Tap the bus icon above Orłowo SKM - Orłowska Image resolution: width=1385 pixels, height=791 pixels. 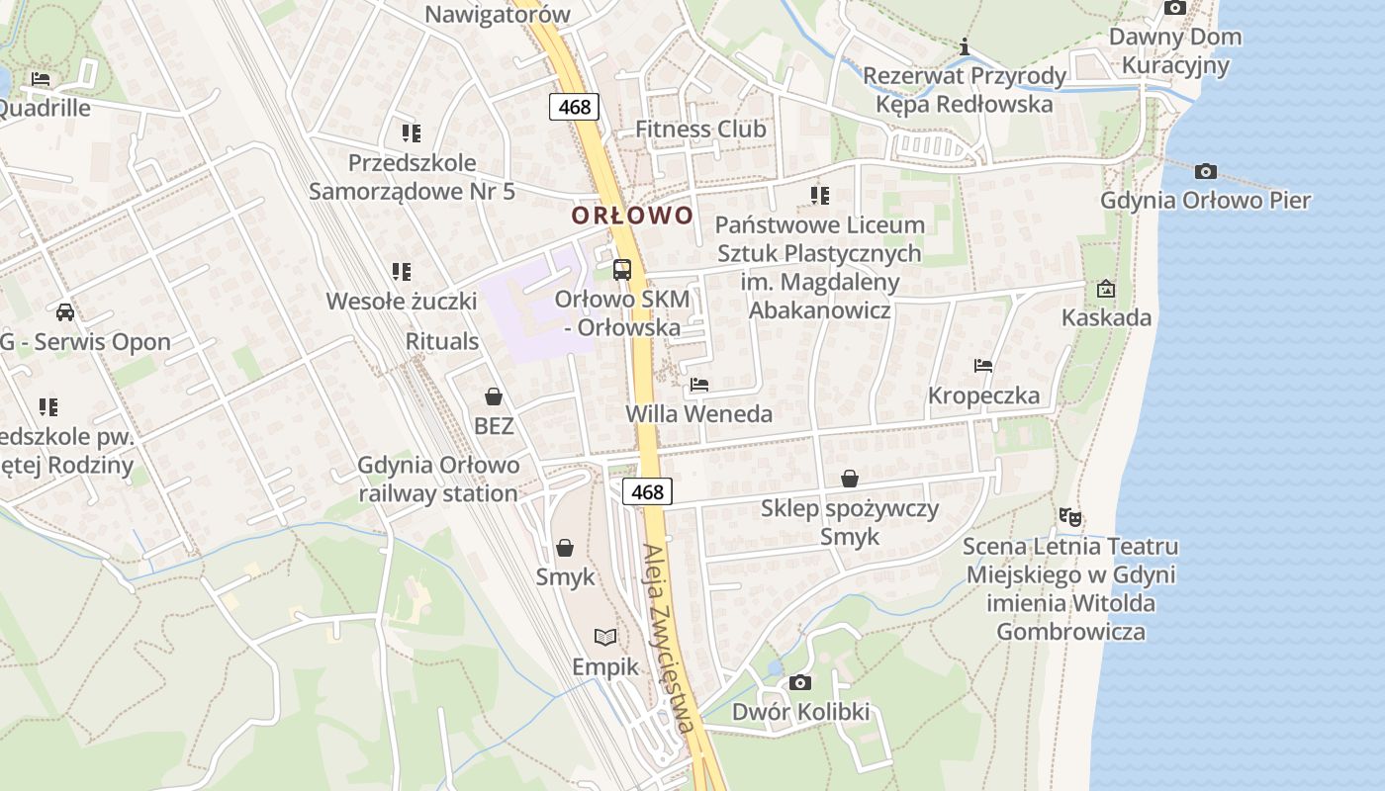click(622, 269)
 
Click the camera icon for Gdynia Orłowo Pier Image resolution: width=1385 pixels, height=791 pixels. click(1205, 172)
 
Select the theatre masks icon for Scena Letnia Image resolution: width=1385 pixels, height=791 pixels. click(1069, 517)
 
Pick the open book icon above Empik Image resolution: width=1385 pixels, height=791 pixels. click(605, 638)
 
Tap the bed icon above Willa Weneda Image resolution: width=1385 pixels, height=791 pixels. click(699, 384)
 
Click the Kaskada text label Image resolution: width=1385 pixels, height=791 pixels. click(1106, 317)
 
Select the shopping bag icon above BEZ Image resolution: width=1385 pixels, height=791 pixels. click(494, 397)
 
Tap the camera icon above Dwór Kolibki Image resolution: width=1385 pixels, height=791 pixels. click(800, 683)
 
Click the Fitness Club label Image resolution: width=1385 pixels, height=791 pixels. click(700, 129)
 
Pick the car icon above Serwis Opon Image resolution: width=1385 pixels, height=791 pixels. click(65, 312)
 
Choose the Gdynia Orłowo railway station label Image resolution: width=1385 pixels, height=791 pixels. click(438, 480)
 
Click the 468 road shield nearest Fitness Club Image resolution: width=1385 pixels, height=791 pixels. click(575, 107)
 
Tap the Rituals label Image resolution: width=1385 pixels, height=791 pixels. click(442, 341)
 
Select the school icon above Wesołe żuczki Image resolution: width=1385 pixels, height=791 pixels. click(401, 271)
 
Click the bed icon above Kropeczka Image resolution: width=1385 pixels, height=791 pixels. click(983, 366)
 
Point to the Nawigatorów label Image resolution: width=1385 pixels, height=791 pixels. click(498, 14)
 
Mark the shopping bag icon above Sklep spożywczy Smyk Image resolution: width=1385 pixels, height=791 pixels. click(849, 480)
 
